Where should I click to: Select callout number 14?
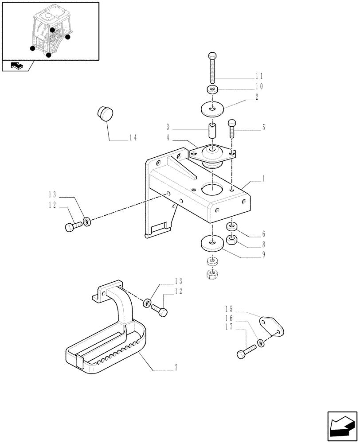(133, 137)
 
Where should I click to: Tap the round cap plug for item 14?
(105, 113)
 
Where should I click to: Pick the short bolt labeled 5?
(232, 129)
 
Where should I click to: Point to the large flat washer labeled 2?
(213, 108)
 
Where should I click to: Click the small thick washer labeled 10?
(213, 90)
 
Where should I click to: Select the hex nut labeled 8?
(231, 241)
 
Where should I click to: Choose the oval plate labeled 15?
(271, 326)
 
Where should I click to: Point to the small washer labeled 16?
(261, 343)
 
